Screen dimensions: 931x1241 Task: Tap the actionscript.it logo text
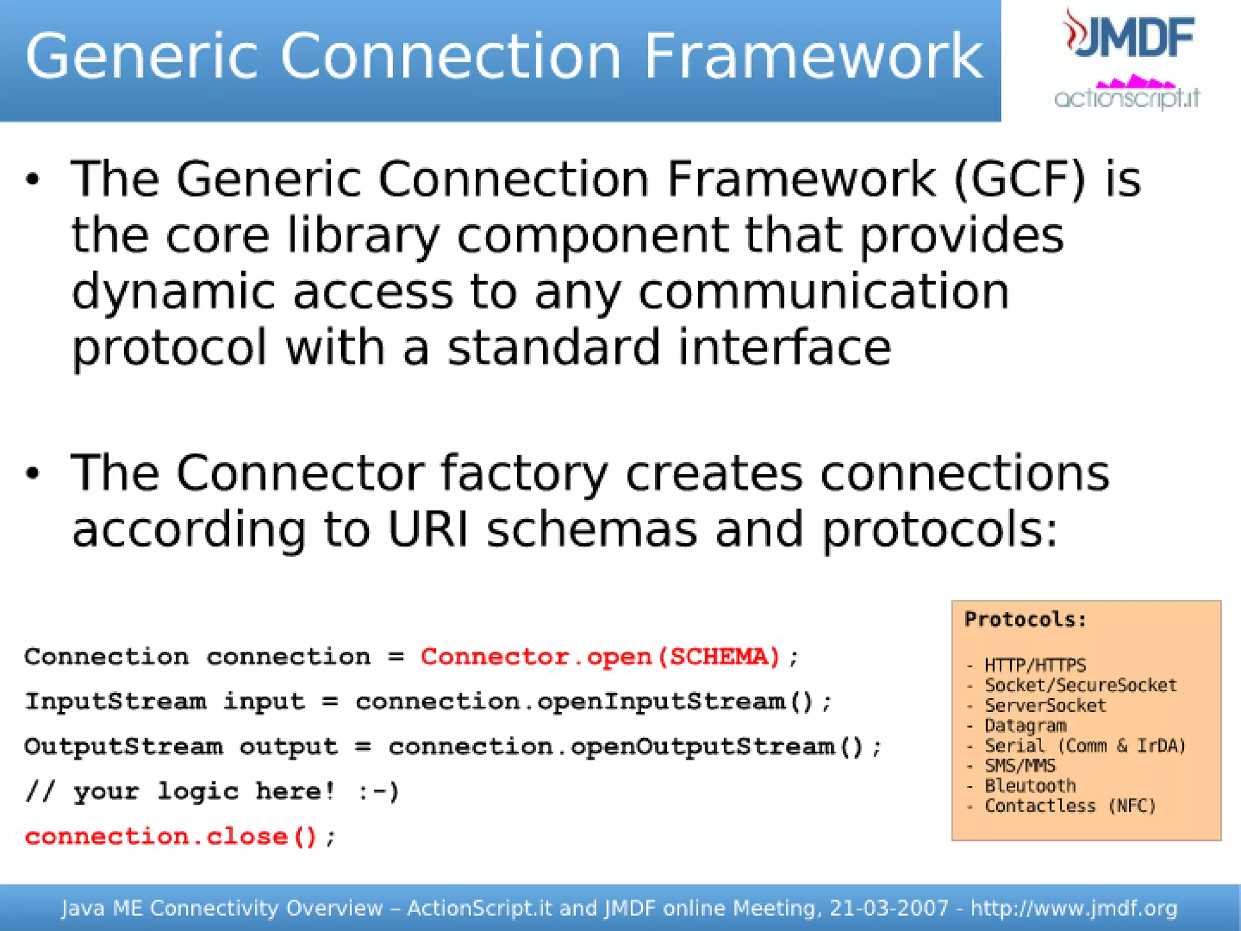tap(1127, 97)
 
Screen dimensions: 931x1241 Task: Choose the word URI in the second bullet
tap(428, 530)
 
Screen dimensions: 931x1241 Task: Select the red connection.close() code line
tap(171, 837)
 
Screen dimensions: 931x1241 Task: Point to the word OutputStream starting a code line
tap(124, 747)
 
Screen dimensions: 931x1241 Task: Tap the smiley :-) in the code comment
tap(378, 792)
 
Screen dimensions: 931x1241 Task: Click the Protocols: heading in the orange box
tap(1025, 619)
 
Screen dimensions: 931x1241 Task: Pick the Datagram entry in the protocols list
tap(1025, 726)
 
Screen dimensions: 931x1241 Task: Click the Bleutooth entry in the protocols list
tap(1030, 786)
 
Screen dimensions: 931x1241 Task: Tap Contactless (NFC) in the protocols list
tap(1070, 806)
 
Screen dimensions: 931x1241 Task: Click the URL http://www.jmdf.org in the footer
tap(1074, 908)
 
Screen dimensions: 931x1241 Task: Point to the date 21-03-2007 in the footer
tap(888, 908)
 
